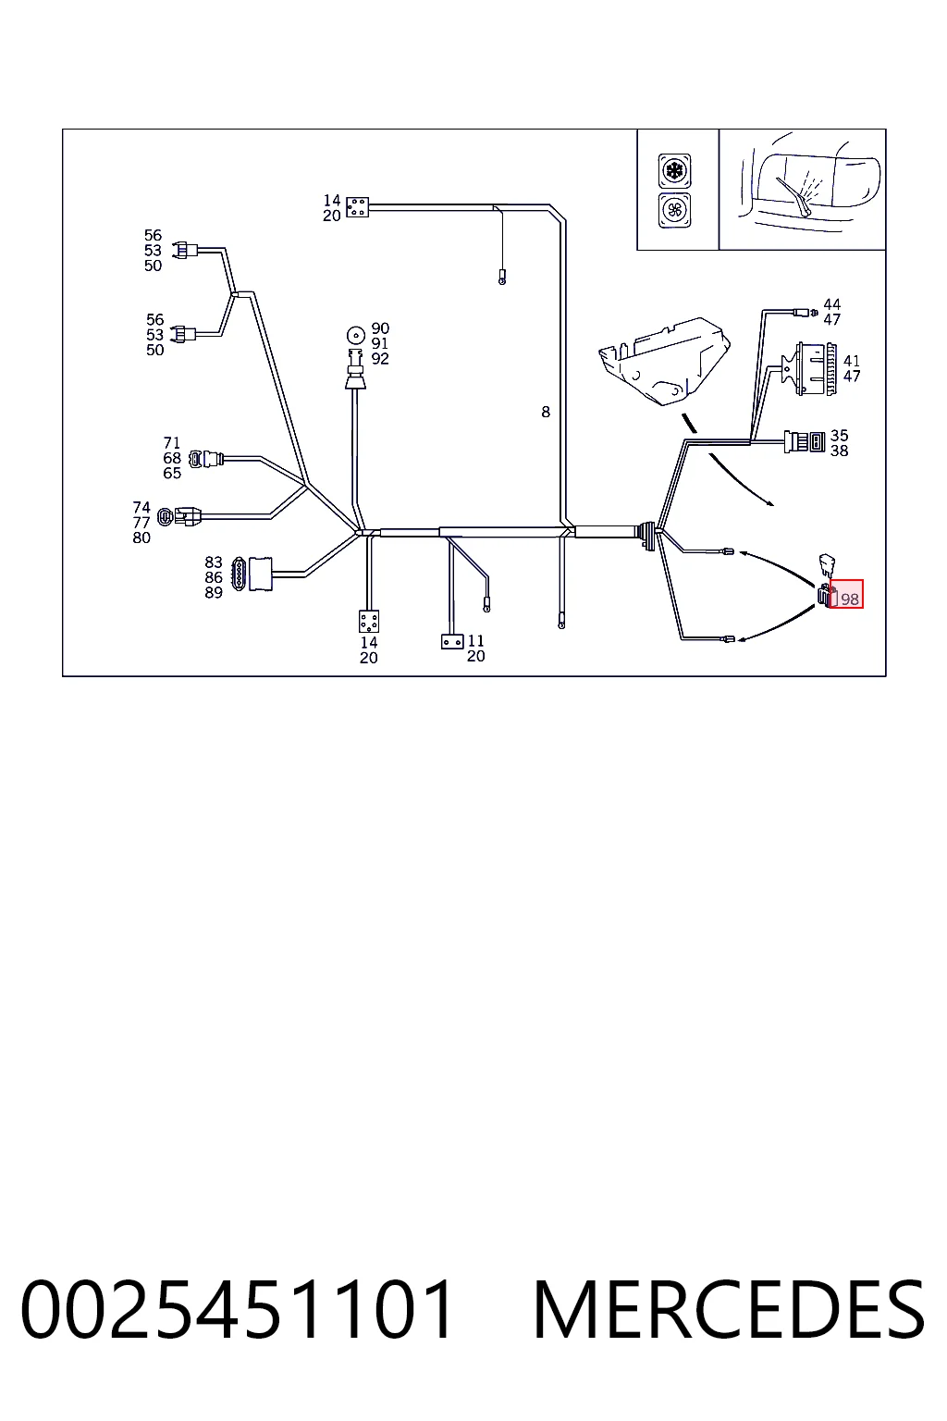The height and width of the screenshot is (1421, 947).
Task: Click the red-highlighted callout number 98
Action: coord(849,599)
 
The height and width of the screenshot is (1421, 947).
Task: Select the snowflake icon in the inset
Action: coord(674,170)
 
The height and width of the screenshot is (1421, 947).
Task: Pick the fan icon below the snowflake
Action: coord(674,210)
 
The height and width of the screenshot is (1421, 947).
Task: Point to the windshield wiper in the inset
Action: coord(793,196)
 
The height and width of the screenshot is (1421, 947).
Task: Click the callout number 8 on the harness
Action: coord(546,413)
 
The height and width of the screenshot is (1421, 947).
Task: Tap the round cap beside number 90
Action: coord(356,334)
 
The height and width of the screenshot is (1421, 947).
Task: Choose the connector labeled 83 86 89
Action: coord(252,574)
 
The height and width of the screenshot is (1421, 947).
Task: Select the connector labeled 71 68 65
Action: coord(206,458)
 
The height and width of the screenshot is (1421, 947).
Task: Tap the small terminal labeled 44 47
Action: coord(806,312)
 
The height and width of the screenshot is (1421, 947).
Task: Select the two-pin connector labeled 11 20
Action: coord(452,642)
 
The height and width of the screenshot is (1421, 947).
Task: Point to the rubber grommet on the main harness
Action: coord(648,536)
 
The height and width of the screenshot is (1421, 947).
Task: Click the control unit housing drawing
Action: coord(664,361)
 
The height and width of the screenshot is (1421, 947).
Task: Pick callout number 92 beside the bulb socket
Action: coord(380,358)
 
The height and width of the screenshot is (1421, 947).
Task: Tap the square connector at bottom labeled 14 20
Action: coord(368,622)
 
